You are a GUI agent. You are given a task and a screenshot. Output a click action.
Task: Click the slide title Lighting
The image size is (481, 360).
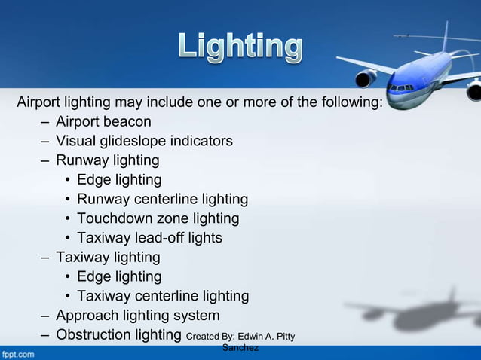240,48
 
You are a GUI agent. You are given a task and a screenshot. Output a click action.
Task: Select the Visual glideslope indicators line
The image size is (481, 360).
144,141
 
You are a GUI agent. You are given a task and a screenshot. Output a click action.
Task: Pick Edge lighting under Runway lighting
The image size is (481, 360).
119,180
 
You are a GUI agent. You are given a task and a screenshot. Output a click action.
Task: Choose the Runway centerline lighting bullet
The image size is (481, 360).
162,200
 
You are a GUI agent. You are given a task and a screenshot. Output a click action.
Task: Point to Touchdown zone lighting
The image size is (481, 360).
158,219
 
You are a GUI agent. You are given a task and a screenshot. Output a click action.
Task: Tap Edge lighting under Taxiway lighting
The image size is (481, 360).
119,277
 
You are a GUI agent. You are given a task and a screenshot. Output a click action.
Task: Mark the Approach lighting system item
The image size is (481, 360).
138,316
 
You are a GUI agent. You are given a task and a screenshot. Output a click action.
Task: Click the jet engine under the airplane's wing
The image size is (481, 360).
368,78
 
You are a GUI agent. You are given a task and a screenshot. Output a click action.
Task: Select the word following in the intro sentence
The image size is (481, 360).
352,102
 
